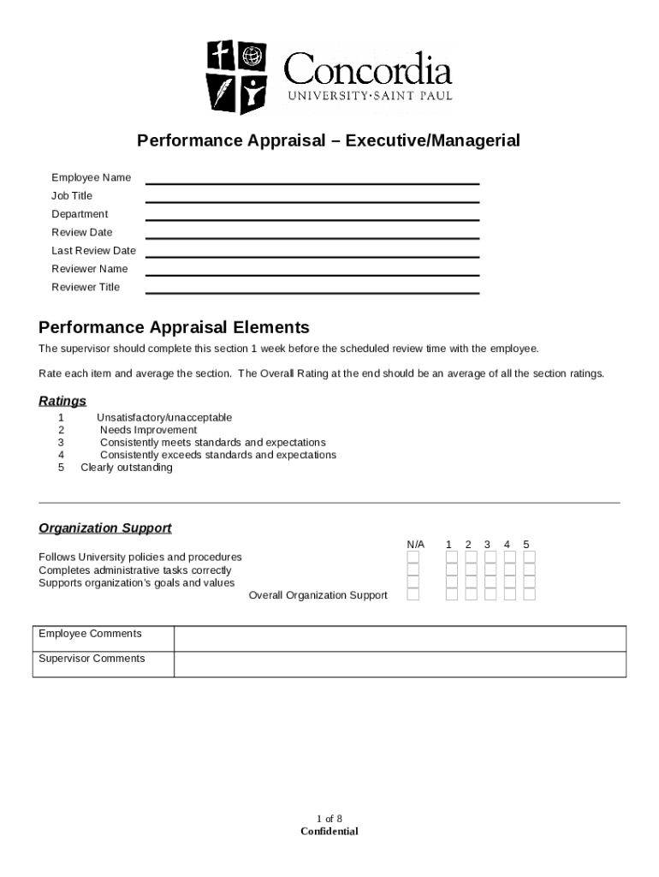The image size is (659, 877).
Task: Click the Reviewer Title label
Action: point(86,288)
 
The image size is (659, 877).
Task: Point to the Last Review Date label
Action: point(93,251)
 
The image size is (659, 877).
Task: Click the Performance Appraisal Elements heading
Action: point(174,328)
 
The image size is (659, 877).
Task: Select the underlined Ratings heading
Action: point(62,401)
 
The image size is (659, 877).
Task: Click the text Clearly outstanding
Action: point(127,468)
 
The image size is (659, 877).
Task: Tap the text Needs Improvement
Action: point(148,430)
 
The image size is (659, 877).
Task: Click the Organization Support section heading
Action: point(105,528)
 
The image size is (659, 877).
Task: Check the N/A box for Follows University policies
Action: point(413,557)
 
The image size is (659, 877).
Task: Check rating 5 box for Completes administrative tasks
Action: point(529,570)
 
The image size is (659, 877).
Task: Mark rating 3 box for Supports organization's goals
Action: point(490,582)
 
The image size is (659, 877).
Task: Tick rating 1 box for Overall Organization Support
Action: point(452,595)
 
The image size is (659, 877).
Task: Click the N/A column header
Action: point(415,545)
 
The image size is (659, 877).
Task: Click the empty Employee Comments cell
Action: point(400,639)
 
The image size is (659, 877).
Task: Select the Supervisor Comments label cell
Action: point(103,664)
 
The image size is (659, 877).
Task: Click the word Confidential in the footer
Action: point(329,832)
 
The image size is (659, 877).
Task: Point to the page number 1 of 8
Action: point(329,819)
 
